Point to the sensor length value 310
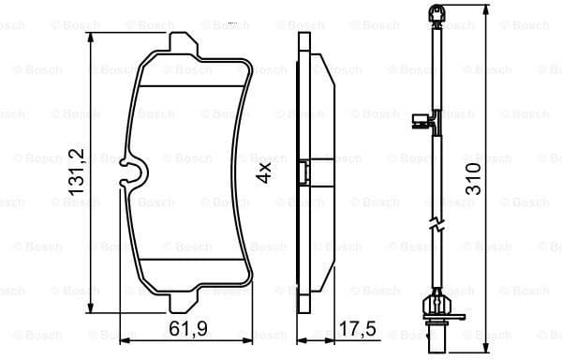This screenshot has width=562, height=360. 477,178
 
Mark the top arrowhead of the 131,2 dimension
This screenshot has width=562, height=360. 91,35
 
